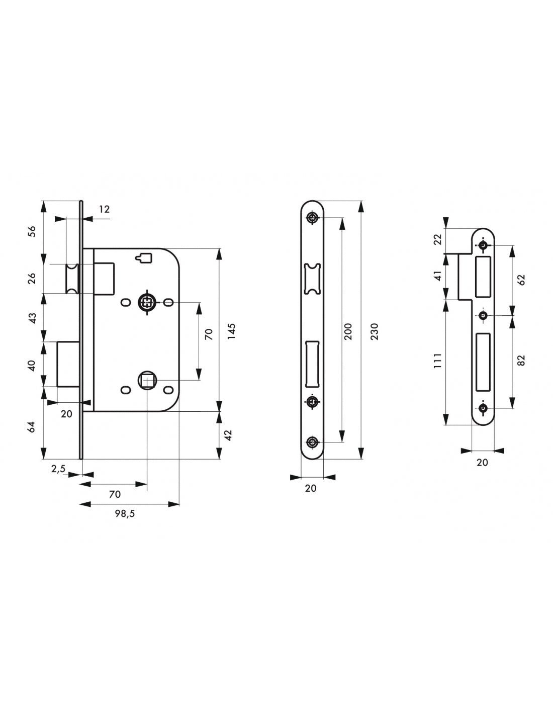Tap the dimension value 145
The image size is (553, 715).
(x=232, y=331)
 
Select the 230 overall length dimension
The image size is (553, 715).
(x=375, y=331)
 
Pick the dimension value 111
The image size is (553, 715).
(x=437, y=361)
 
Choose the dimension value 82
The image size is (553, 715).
(x=521, y=360)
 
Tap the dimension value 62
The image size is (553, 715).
(x=521, y=280)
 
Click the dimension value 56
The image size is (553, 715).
(x=32, y=231)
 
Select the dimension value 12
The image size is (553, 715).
(x=104, y=209)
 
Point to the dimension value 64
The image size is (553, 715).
(x=32, y=427)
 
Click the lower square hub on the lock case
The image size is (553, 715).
(x=147, y=380)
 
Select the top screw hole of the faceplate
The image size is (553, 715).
(x=312, y=217)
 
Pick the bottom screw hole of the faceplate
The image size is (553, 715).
(x=312, y=442)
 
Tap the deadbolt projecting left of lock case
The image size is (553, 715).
(x=68, y=364)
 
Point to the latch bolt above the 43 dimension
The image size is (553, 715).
(x=72, y=279)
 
